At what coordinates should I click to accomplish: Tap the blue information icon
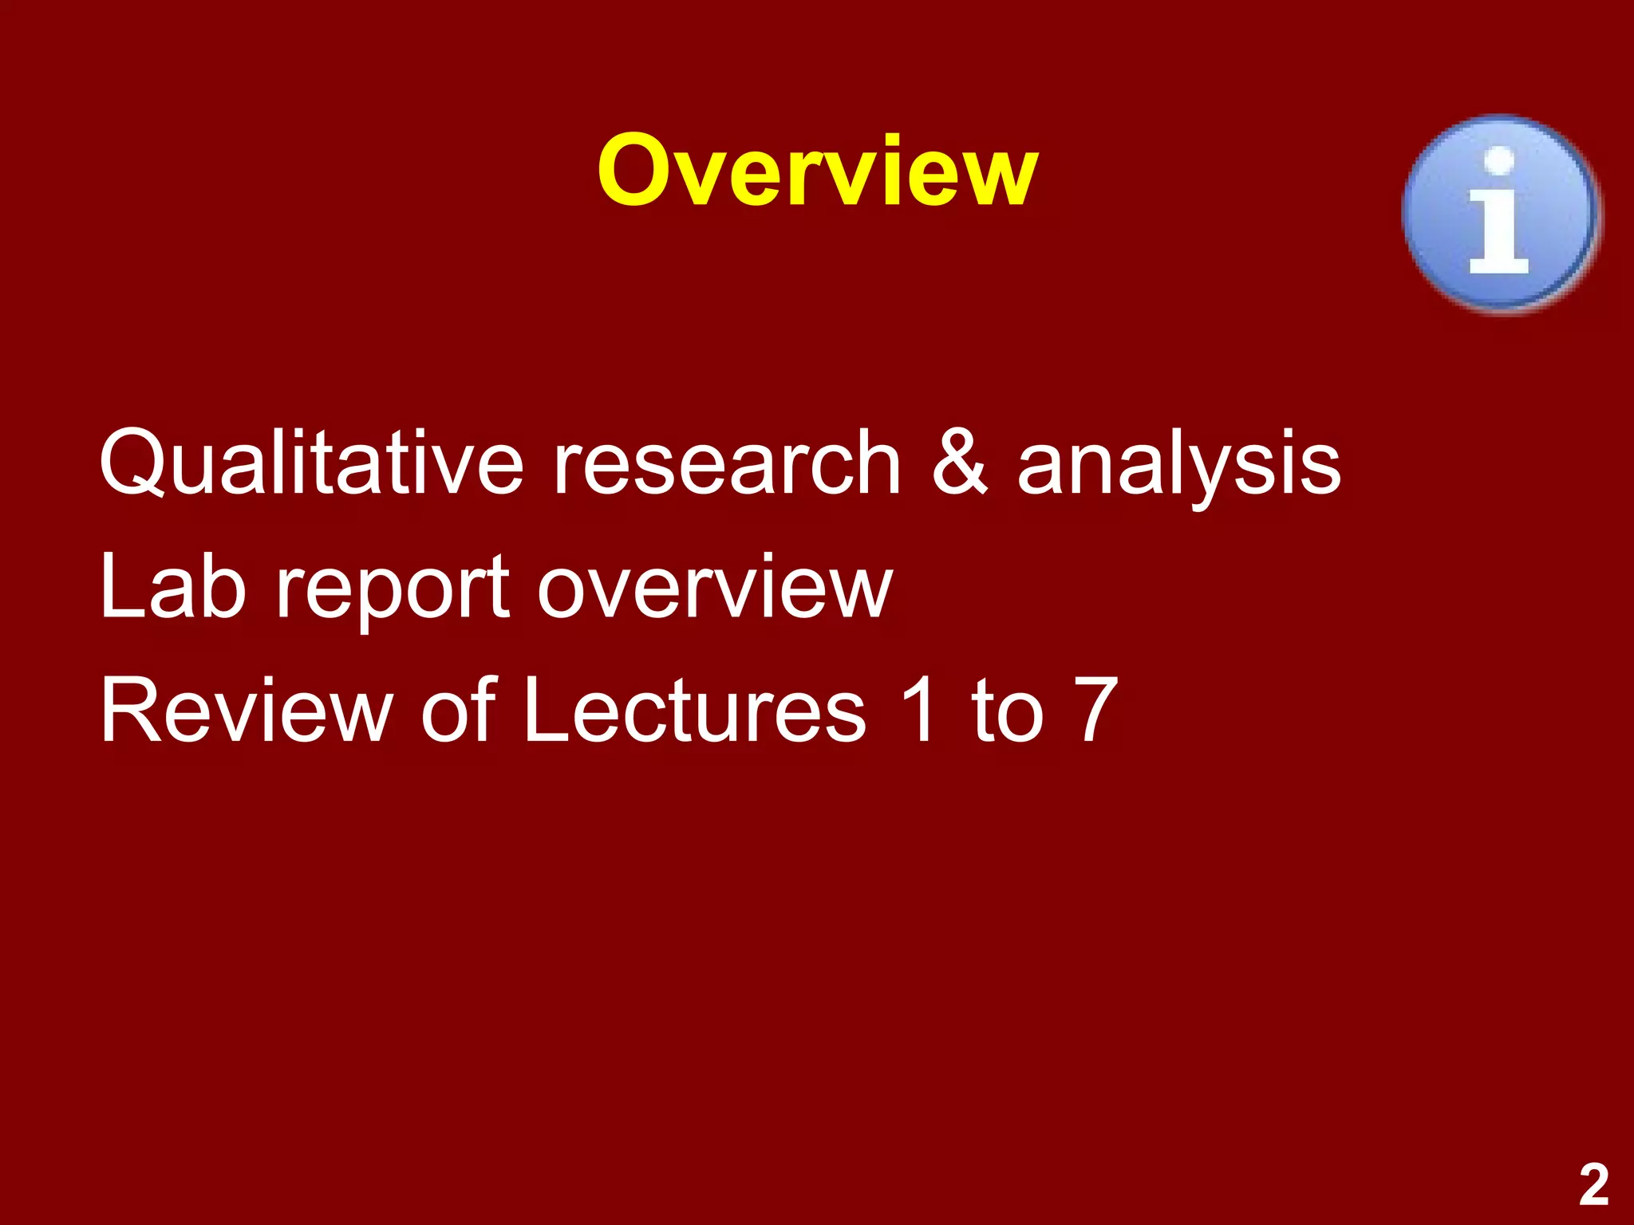[1500, 213]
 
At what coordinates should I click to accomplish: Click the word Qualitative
[311, 463]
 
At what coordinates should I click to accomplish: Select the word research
[727, 463]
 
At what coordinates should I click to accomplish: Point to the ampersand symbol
[960, 463]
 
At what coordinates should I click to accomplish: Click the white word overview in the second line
[714, 589]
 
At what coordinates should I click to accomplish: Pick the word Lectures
[694, 710]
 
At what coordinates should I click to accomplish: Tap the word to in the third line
[1007, 710]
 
